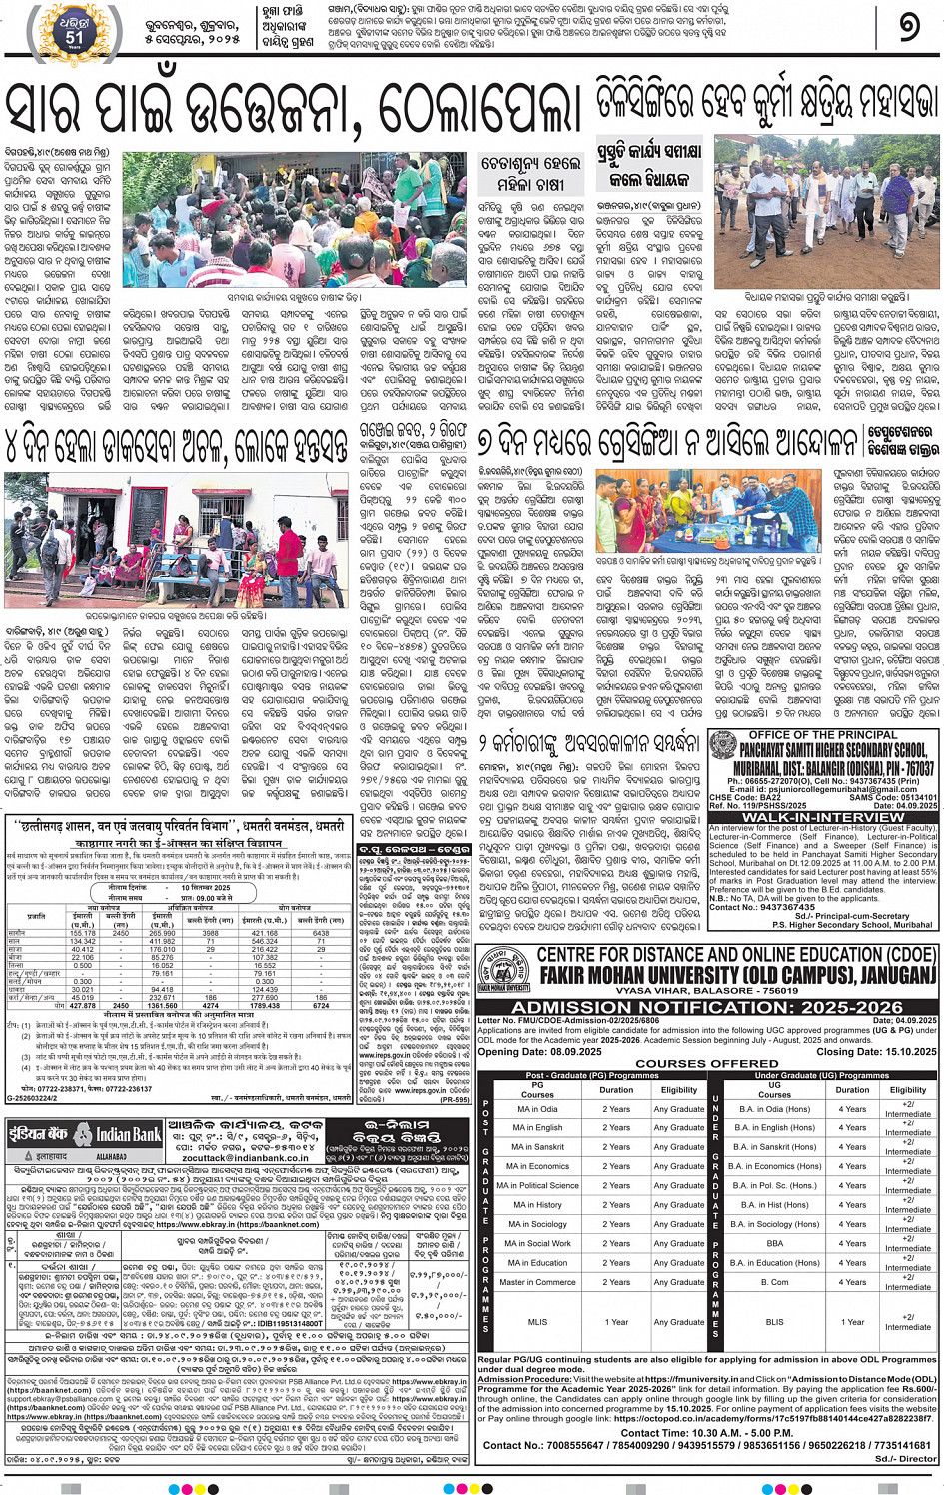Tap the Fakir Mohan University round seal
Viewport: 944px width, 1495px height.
coord(504,969)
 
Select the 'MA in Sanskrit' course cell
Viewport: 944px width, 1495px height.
coord(537,1146)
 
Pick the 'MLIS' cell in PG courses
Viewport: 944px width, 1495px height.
coord(537,1321)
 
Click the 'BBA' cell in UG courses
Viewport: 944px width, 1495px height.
coord(774,1243)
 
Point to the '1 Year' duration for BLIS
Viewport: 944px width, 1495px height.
coord(852,1321)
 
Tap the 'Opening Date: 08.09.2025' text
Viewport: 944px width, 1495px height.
coord(539,1051)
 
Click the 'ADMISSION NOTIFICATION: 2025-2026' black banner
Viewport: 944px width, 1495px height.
coord(707,1006)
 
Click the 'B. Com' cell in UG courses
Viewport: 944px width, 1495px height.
coord(774,1282)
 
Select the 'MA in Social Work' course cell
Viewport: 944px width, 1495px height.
coord(537,1243)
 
